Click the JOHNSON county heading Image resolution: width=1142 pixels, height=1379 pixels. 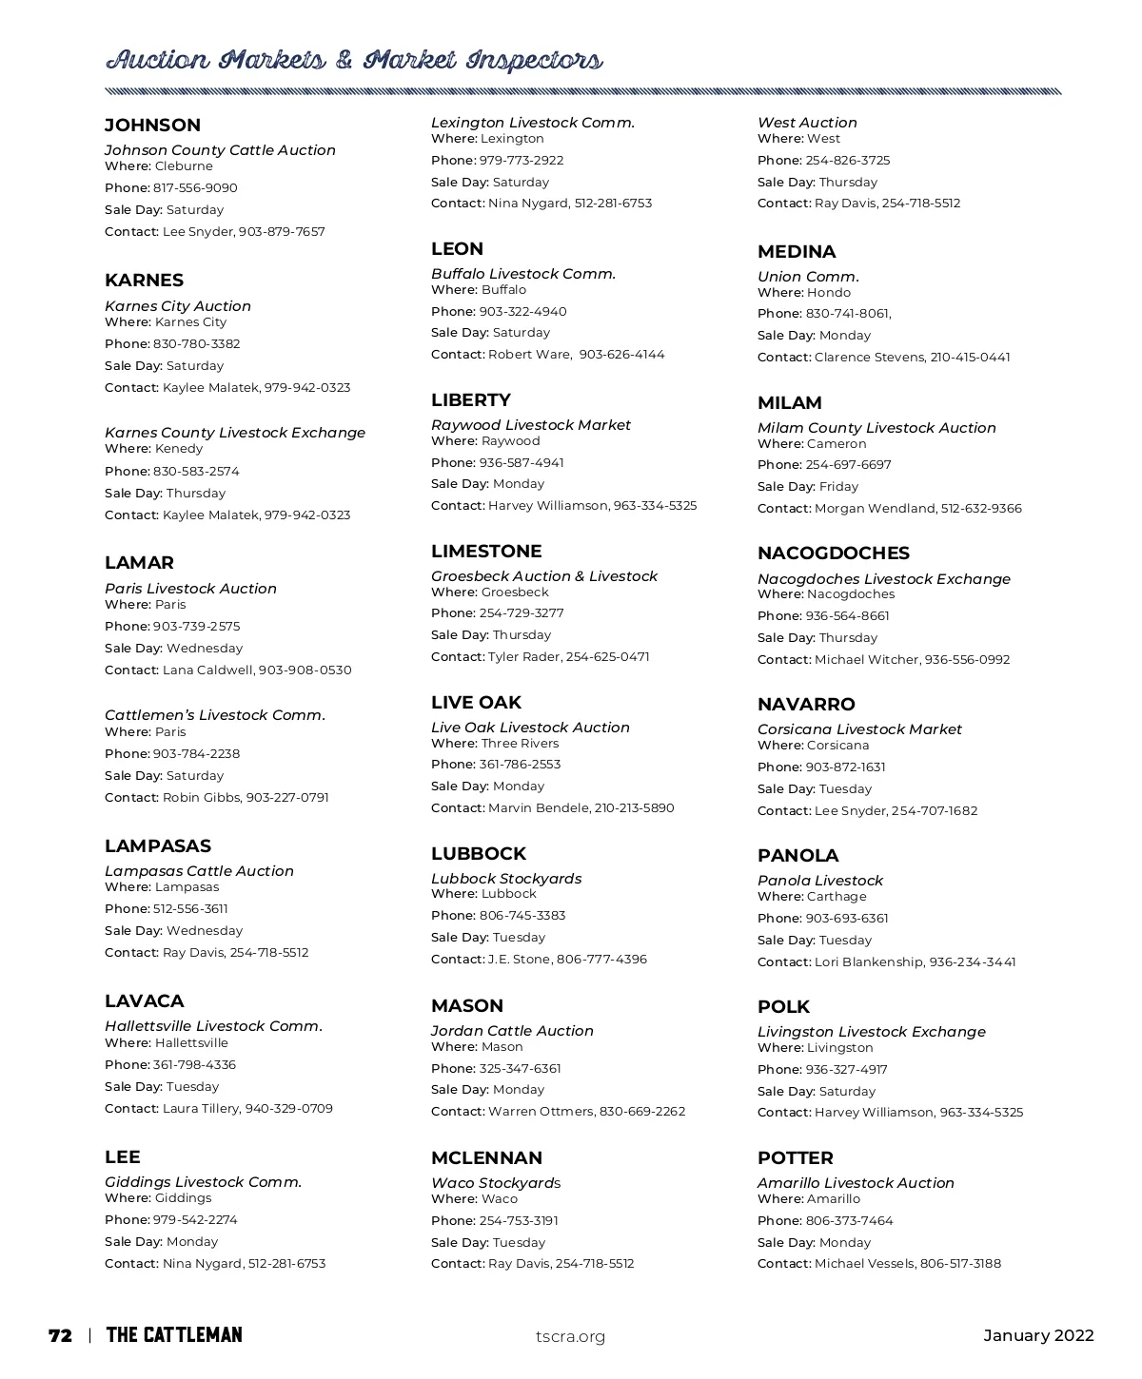point(152,126)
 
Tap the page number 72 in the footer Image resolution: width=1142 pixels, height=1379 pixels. point(60,1335)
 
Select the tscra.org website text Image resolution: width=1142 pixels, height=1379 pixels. point(570,1336)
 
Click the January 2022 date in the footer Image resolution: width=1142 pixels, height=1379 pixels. point(1038,1335)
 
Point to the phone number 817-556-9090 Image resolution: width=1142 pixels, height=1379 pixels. point(195,188)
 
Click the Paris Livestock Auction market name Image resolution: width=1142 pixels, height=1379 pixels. point(190,589)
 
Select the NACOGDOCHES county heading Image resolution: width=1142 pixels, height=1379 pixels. point(833,554)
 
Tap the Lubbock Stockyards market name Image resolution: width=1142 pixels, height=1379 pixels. point(506,879)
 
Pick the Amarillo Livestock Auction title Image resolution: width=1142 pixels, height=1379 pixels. point(856,1183)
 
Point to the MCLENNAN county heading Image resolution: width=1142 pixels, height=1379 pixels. point(486,1158)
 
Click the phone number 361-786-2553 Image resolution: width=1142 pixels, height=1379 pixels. point(520,765)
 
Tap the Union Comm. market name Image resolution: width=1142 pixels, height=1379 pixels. point(808,277)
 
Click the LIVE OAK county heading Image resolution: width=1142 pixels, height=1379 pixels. point(476,703)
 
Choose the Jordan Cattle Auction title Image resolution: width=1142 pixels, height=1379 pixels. point(512,1031)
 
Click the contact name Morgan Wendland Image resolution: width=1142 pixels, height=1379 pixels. point(875,509)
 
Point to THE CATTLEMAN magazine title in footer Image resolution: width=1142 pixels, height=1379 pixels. point(174,1335)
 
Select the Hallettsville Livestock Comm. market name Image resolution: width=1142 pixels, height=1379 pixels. point(213,1026)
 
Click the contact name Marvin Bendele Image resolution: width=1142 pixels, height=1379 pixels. point(539,808)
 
